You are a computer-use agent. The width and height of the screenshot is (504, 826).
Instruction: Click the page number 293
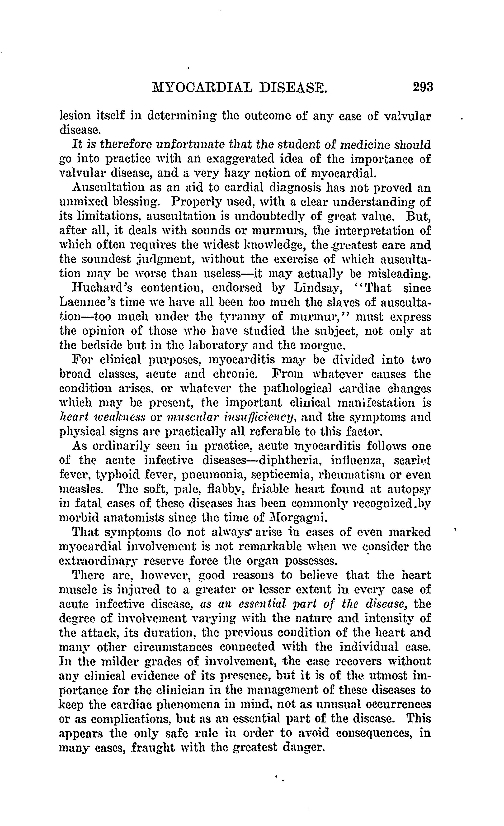(423, 87)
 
